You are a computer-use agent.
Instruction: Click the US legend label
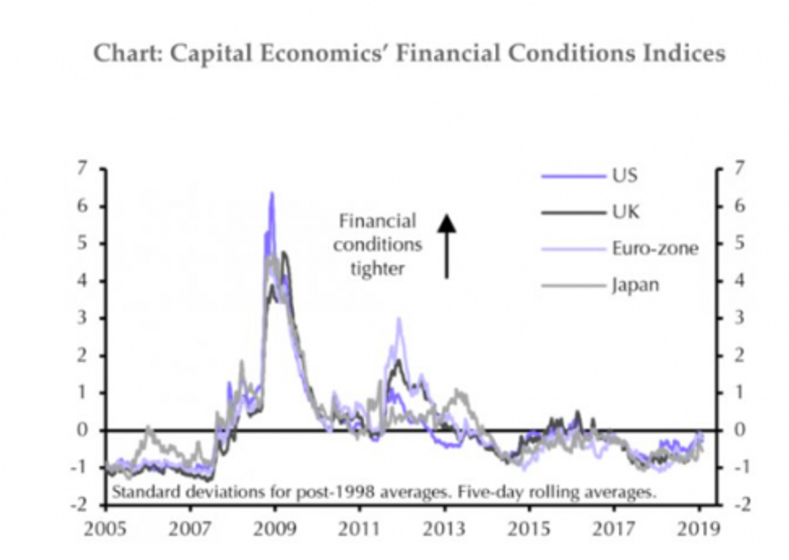coord(624,176)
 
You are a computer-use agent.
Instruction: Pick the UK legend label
coord(625,212)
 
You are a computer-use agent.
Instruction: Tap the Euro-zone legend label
coord(653,248)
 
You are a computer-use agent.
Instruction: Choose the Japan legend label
coord(634,284)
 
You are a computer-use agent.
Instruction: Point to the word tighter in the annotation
coord(377,268)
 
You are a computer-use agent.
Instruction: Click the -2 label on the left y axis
coord(80,504)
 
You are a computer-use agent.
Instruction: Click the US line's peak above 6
coord(272,194)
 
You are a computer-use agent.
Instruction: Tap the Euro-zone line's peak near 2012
coord(399,319)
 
